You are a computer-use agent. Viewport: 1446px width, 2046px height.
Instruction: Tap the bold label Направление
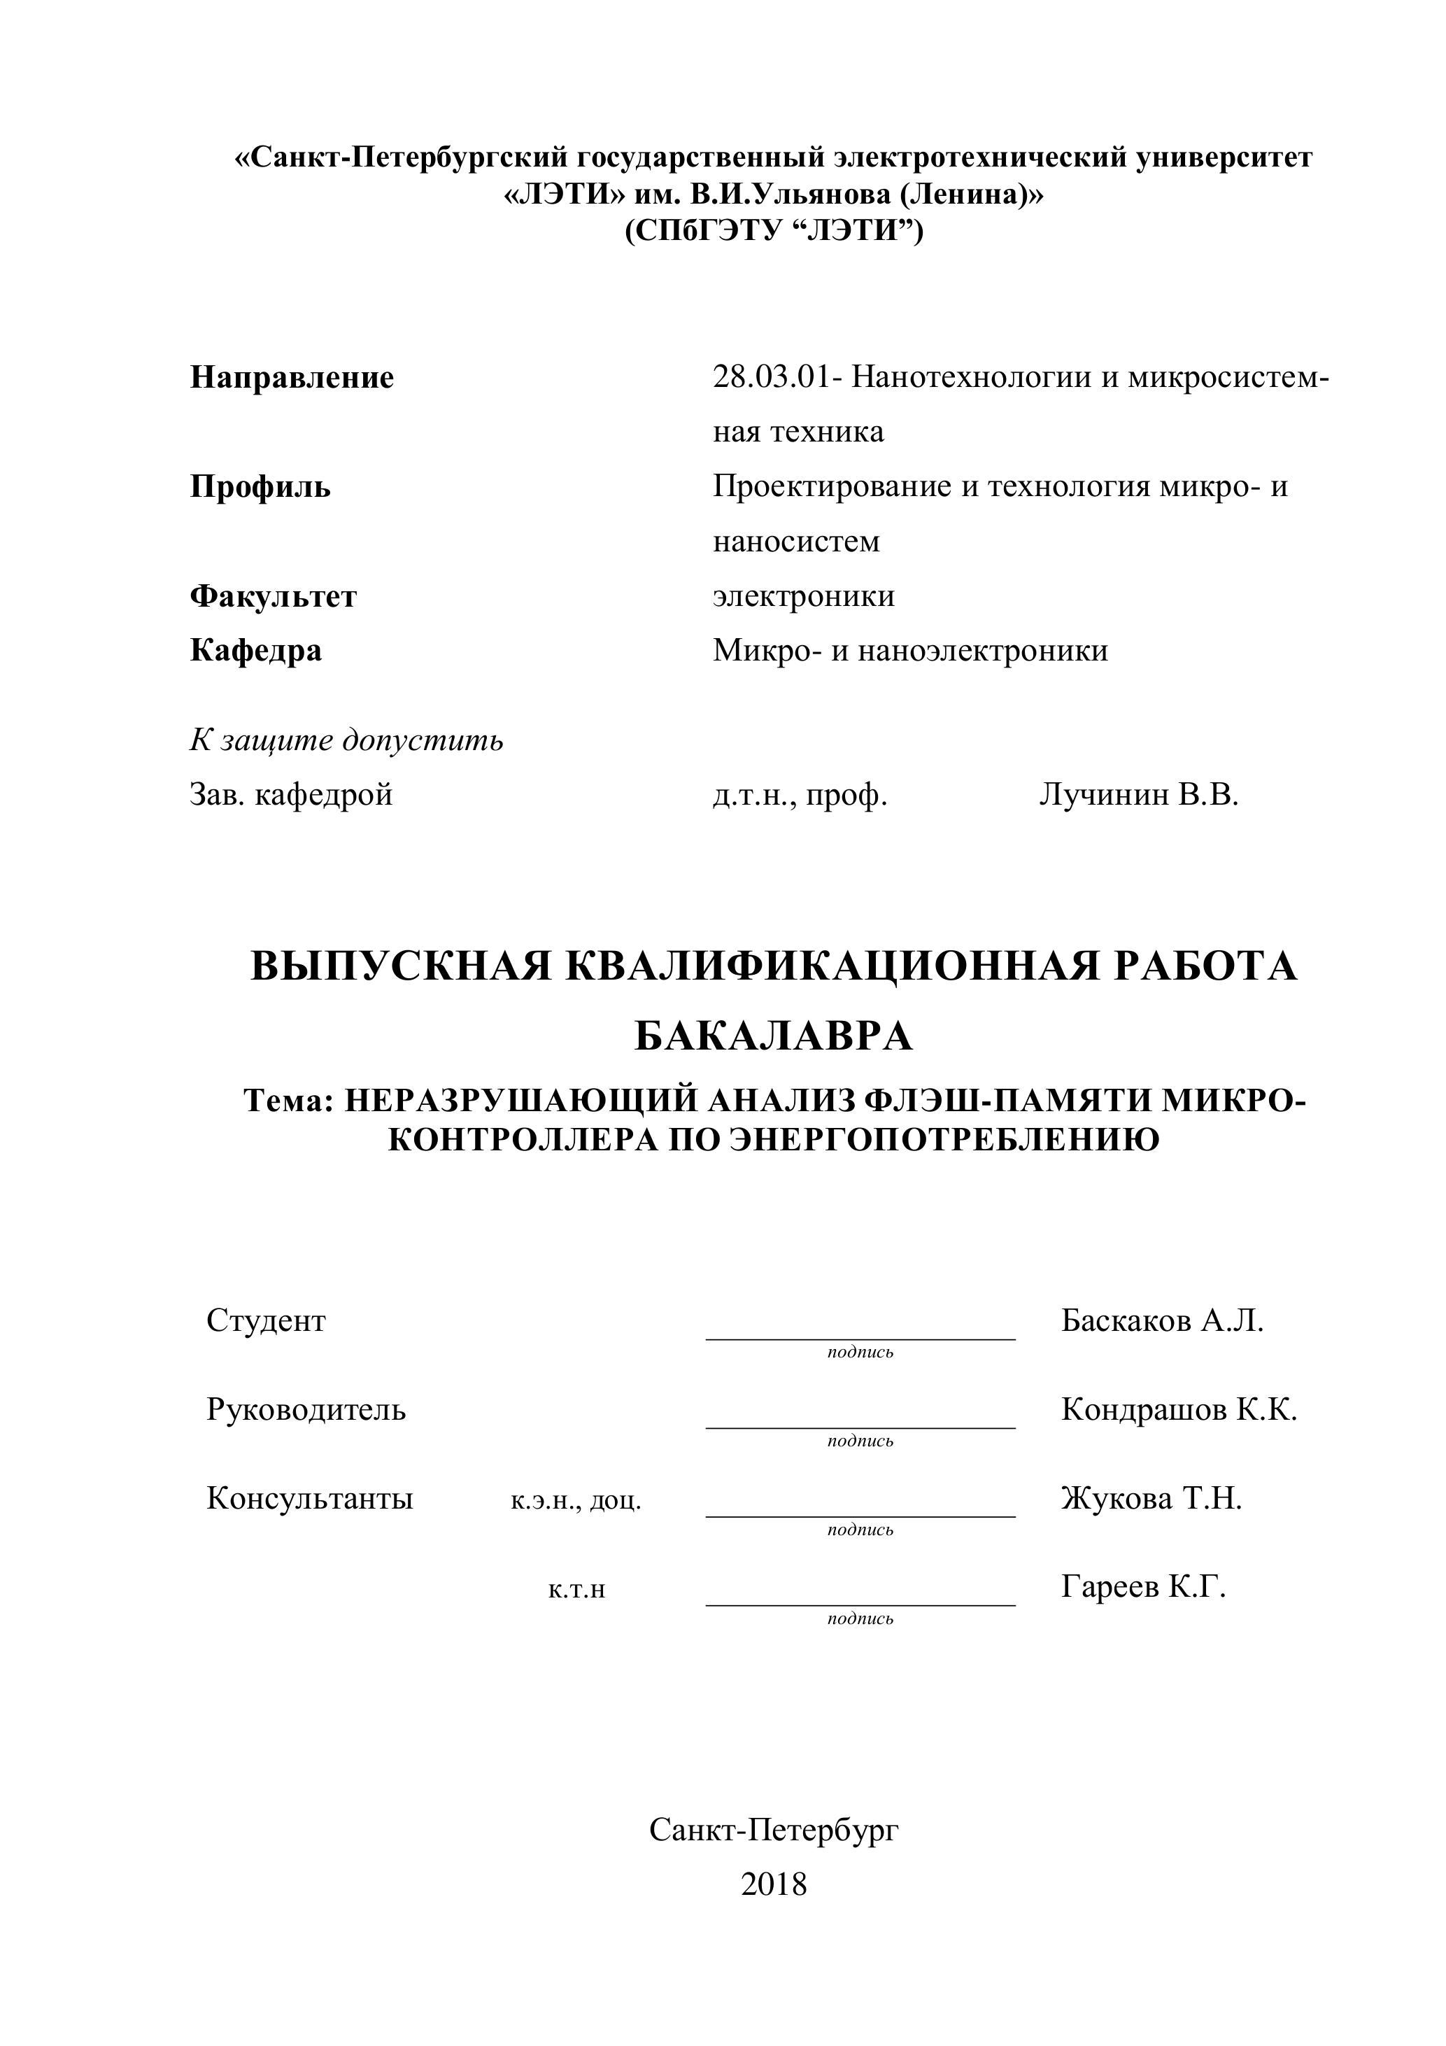click(x=291, y=377)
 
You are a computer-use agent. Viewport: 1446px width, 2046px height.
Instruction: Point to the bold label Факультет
click(x=273, y=595)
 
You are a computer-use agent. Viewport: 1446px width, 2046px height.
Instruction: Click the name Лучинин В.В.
click(x=1139, y=794)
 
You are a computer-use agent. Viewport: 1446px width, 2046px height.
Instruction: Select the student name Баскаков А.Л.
click(x=1162, y=1320)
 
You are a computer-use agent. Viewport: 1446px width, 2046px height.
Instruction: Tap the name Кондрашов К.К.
click(x=1179, y=1409)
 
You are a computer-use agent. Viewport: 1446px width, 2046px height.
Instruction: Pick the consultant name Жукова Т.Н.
click(x=1151, y=1498)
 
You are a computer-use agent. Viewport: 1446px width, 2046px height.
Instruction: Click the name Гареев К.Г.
click(x=1143, y=1586)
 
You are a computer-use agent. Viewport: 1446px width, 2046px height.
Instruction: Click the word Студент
click(x=266, y=1320)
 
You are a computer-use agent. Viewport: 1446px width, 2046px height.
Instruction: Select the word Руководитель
click(x=306, y=1409)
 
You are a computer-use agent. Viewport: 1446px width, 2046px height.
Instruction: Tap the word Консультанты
click(x=309, y=1498)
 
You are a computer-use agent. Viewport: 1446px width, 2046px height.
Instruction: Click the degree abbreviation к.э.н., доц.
click(x=576, y=1500)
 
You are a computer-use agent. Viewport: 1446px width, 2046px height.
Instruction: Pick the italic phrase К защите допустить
click(x=346, y=740)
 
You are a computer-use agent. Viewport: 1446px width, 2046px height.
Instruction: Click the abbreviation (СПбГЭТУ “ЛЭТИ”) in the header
click(x=773, y=231)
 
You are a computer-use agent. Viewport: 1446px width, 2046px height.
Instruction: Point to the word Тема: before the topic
click(x=288, y=1101)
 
